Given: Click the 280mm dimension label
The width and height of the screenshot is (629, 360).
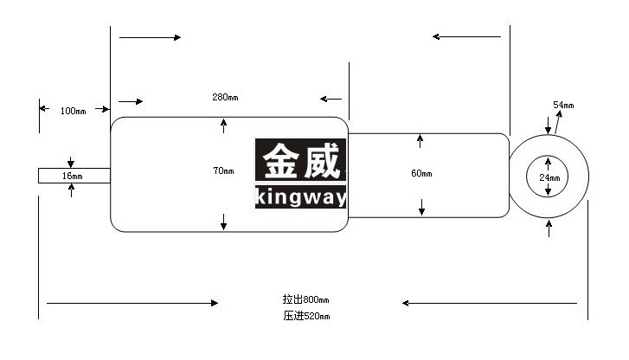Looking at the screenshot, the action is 225,97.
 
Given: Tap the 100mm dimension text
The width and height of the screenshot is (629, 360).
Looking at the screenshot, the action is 73,111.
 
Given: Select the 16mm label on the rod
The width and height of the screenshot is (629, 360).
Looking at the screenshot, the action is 72,176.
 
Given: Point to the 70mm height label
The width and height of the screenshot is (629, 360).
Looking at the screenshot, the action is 223,171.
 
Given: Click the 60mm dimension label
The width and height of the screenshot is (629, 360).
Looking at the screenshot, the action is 421,173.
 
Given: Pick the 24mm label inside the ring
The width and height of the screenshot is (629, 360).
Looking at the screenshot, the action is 549,177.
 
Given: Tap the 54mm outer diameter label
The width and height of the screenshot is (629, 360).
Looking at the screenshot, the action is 563,106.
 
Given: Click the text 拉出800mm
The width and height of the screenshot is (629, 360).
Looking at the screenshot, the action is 305,299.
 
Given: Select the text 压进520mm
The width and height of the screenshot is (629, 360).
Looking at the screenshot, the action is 306,316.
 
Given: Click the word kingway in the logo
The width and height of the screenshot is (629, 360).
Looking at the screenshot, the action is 301,197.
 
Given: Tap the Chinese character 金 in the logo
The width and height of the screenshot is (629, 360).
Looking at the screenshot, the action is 281,161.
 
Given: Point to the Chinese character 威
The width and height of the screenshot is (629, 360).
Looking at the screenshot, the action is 322,161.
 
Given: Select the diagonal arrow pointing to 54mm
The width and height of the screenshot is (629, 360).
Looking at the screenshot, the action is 557,122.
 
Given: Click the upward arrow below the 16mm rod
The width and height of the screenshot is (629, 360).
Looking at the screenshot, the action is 72,190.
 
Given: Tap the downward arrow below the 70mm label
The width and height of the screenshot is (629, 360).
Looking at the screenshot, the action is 224,222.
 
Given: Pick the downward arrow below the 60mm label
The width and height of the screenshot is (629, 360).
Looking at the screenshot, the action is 421,207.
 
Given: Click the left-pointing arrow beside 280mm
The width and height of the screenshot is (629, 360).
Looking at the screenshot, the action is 331,99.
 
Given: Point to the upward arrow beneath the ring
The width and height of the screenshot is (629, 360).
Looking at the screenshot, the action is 549,228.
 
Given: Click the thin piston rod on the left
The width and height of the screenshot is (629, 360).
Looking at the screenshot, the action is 74,176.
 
